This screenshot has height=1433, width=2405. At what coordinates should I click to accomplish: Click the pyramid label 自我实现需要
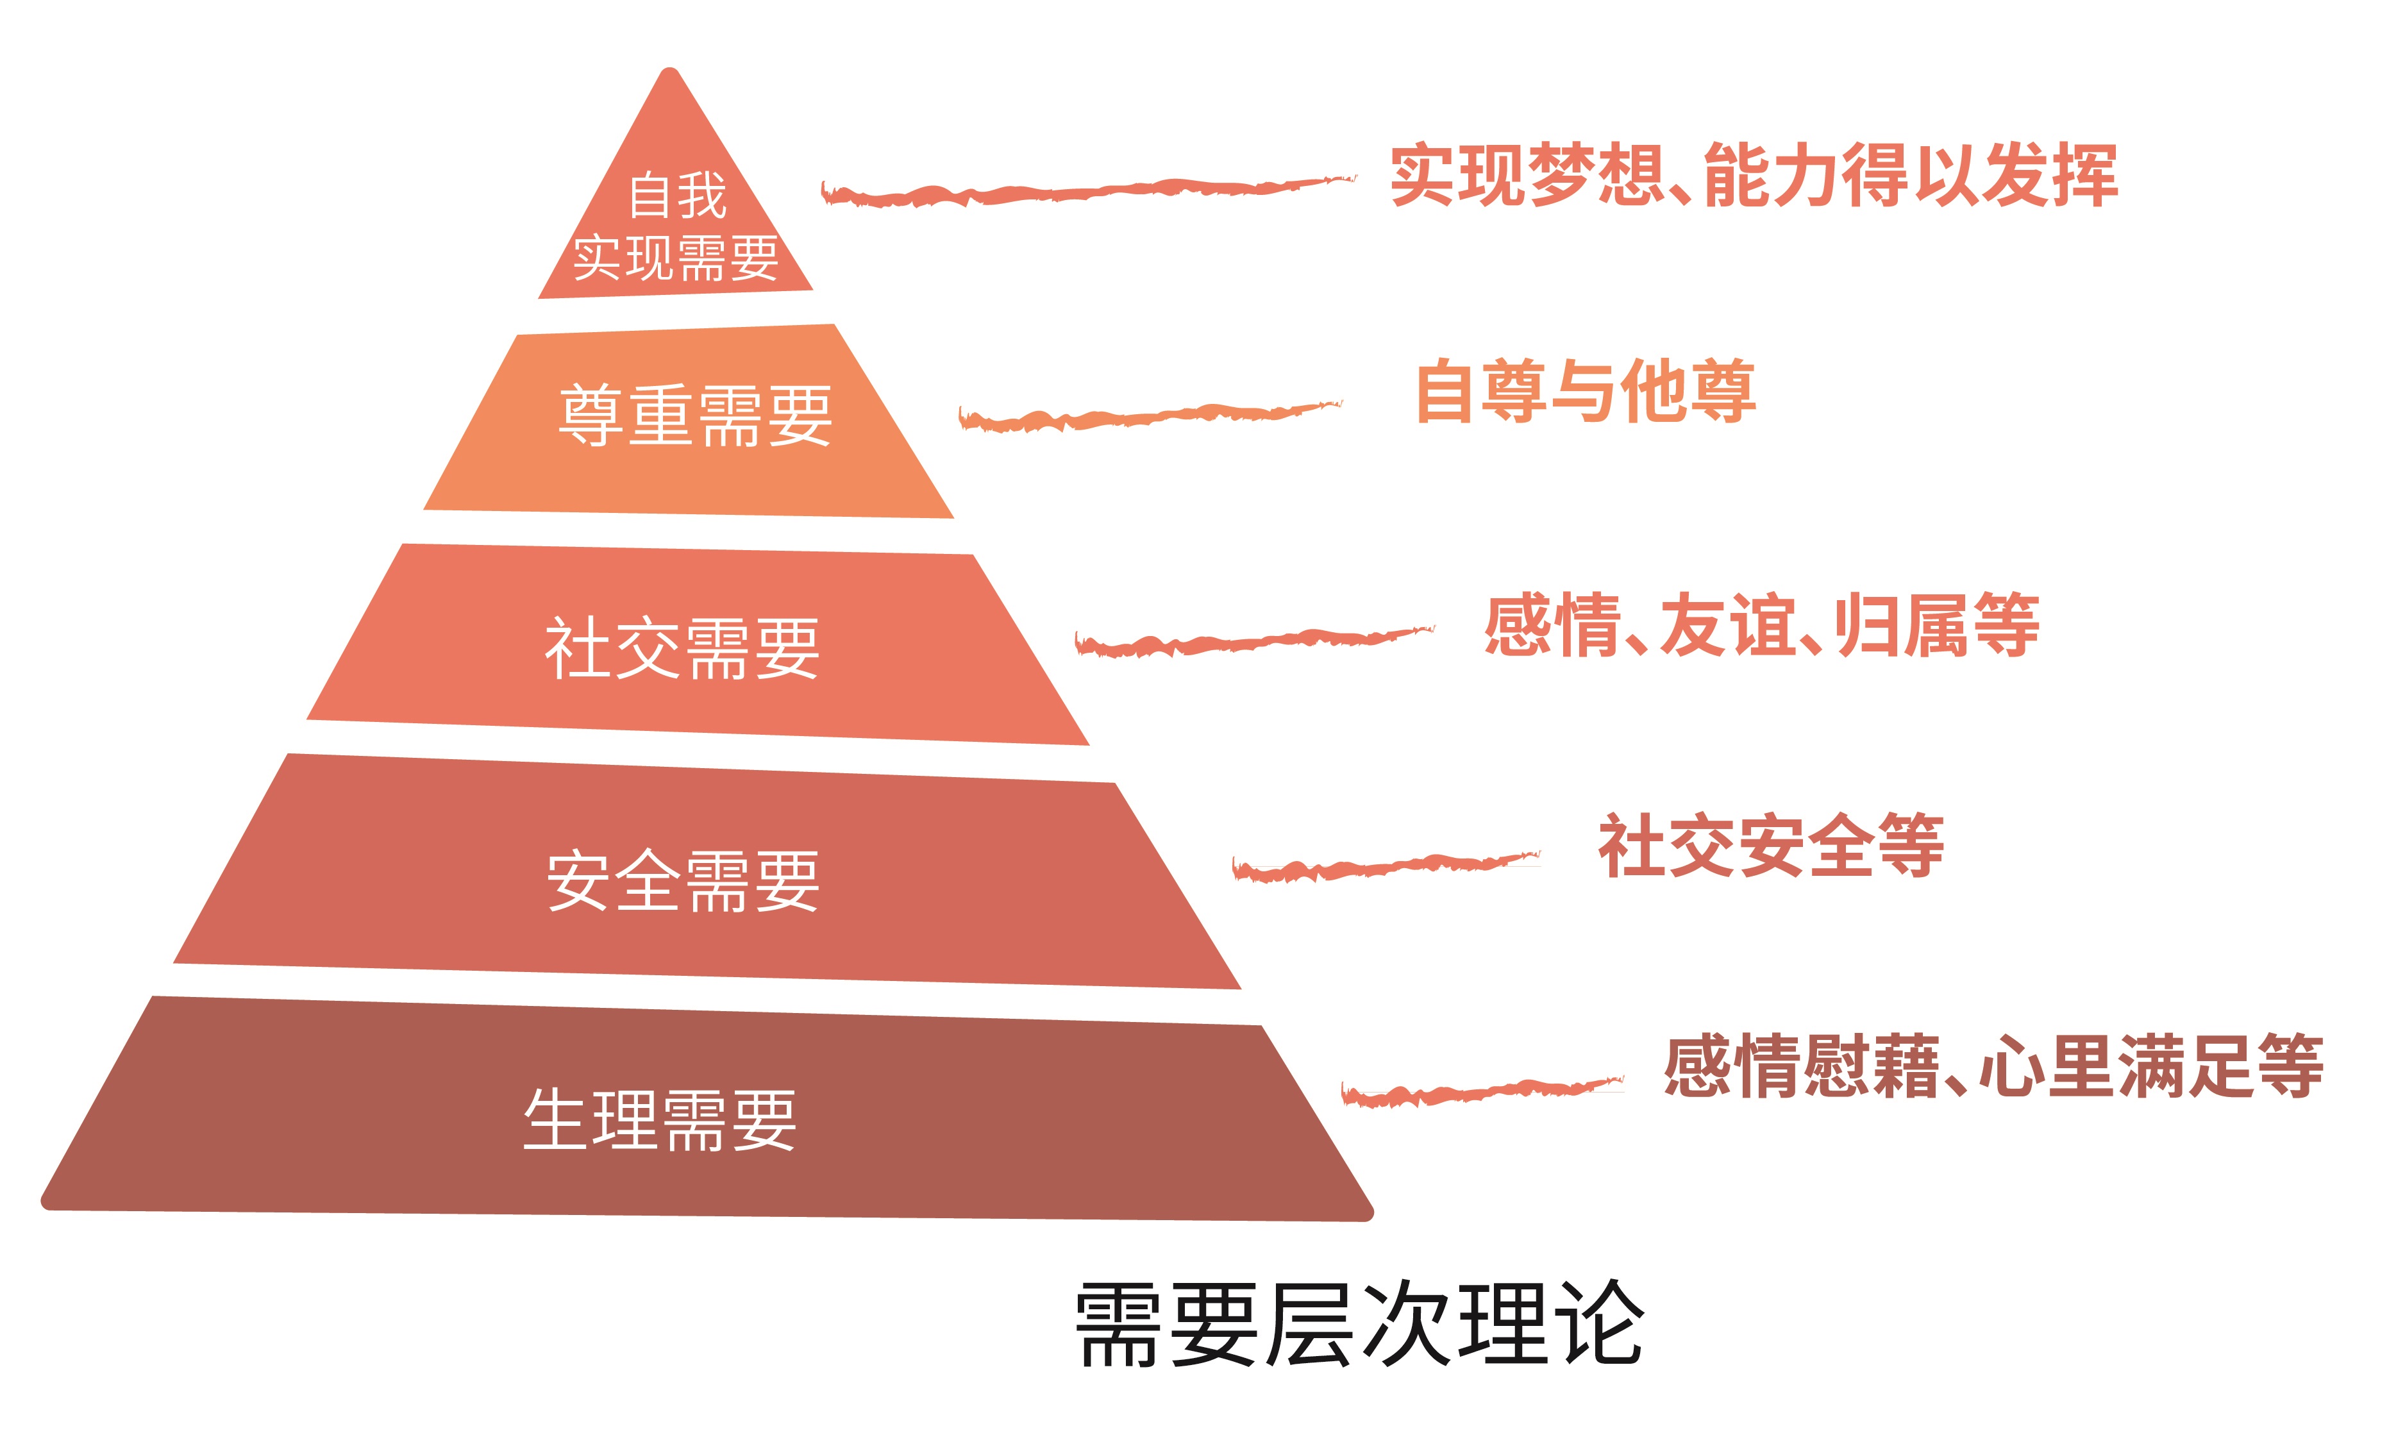pos(676,227)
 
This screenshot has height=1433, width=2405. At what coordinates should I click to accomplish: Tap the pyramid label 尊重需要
pos(695,415)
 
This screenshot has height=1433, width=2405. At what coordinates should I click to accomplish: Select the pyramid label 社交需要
pos(682,648)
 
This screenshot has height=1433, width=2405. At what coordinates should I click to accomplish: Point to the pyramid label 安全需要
pos(683,881)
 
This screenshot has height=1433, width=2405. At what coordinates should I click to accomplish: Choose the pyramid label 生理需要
pos(659,1119)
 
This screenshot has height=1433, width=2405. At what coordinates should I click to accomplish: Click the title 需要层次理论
pos(1359,1324)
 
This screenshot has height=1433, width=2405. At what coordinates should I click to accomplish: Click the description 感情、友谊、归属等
pos(1762,626)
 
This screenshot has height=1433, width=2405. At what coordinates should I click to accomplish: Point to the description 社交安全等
pos(1771,845)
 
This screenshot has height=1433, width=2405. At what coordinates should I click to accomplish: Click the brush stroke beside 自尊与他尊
pos(1149,416)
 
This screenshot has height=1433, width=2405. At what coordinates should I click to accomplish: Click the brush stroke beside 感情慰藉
pos(1481,1092)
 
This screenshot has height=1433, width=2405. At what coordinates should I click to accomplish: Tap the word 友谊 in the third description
pos(1727,626)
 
